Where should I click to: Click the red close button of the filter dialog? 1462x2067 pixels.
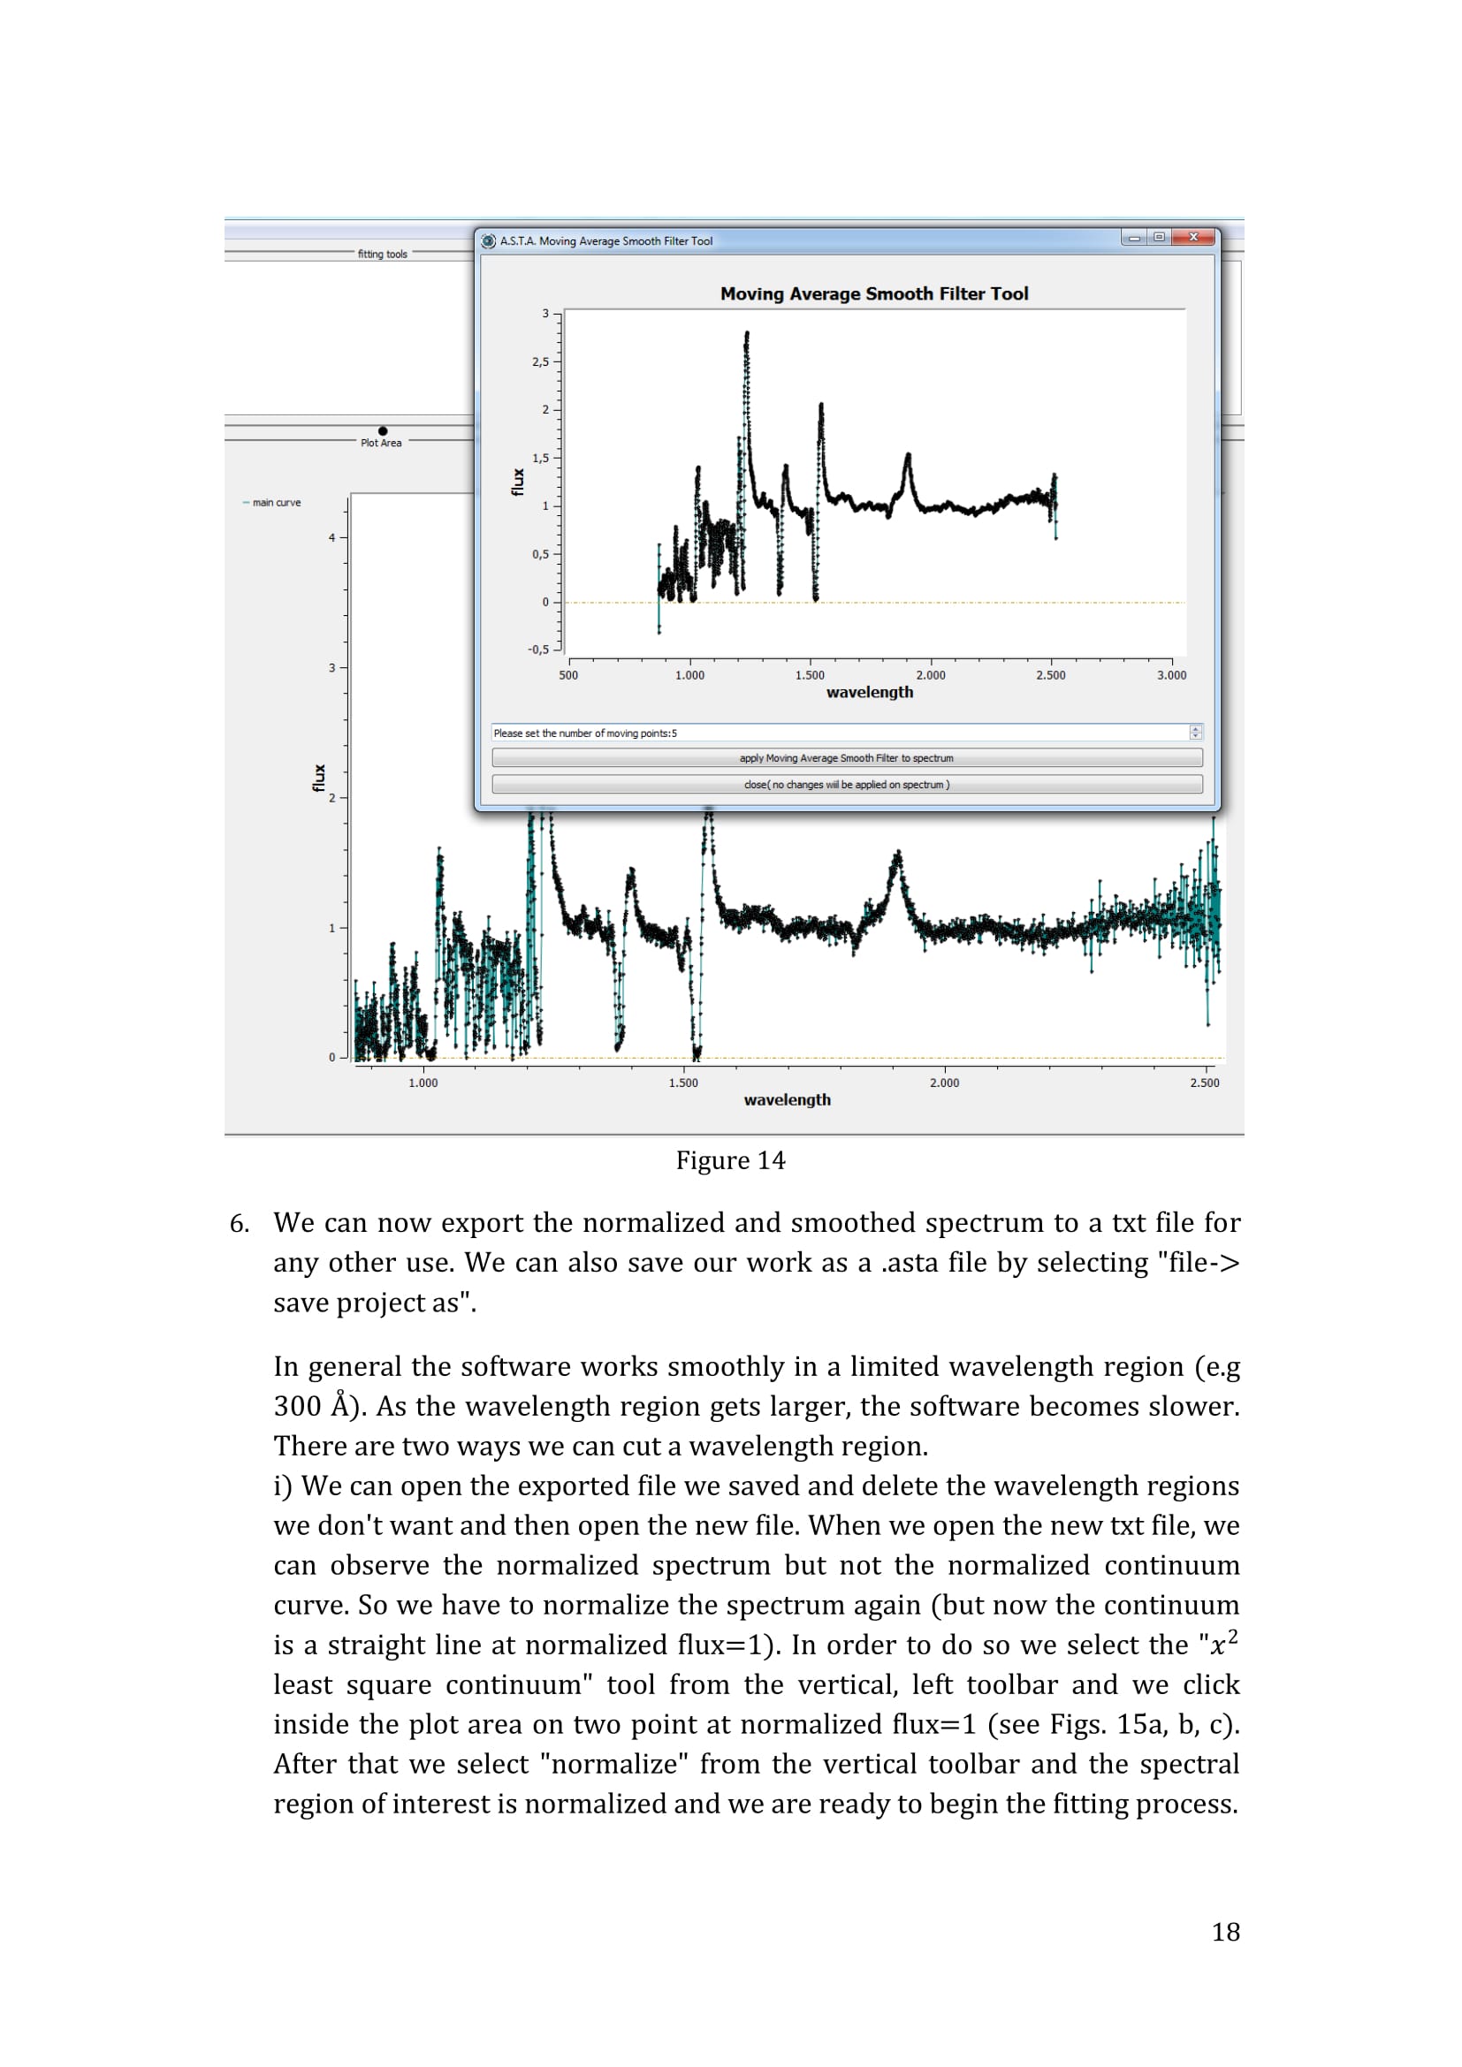click(x=1192, y=238)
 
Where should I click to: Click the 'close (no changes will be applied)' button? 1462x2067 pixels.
click(x=846, y=784)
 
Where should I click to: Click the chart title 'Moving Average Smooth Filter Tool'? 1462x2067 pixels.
click(x=873, y=293)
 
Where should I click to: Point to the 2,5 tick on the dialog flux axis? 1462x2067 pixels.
click(x=540, y=362)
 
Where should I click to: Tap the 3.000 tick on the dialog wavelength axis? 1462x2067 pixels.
click(x=1171, y=674)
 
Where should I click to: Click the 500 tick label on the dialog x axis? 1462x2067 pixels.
click(x=569, y=674)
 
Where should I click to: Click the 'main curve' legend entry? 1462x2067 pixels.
click(x=276, y=502)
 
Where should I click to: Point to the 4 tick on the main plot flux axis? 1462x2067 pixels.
click(x=331, y=537)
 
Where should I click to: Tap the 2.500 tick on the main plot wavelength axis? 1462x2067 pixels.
click(x=1204, y=1083)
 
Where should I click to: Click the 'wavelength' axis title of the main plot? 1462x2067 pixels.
click(x=787, y=1099)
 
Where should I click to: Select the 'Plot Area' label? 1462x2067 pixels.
click(x=381, y=443)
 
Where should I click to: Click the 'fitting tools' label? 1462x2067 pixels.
click(x=383, y=254)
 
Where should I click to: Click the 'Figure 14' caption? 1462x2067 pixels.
click(x=730, y=1160)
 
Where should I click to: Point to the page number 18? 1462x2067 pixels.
click(x=1225, y=1931)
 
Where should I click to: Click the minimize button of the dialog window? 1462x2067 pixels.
click(x=1134, y=238)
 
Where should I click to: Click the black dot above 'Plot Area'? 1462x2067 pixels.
click(x=383, y=431)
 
